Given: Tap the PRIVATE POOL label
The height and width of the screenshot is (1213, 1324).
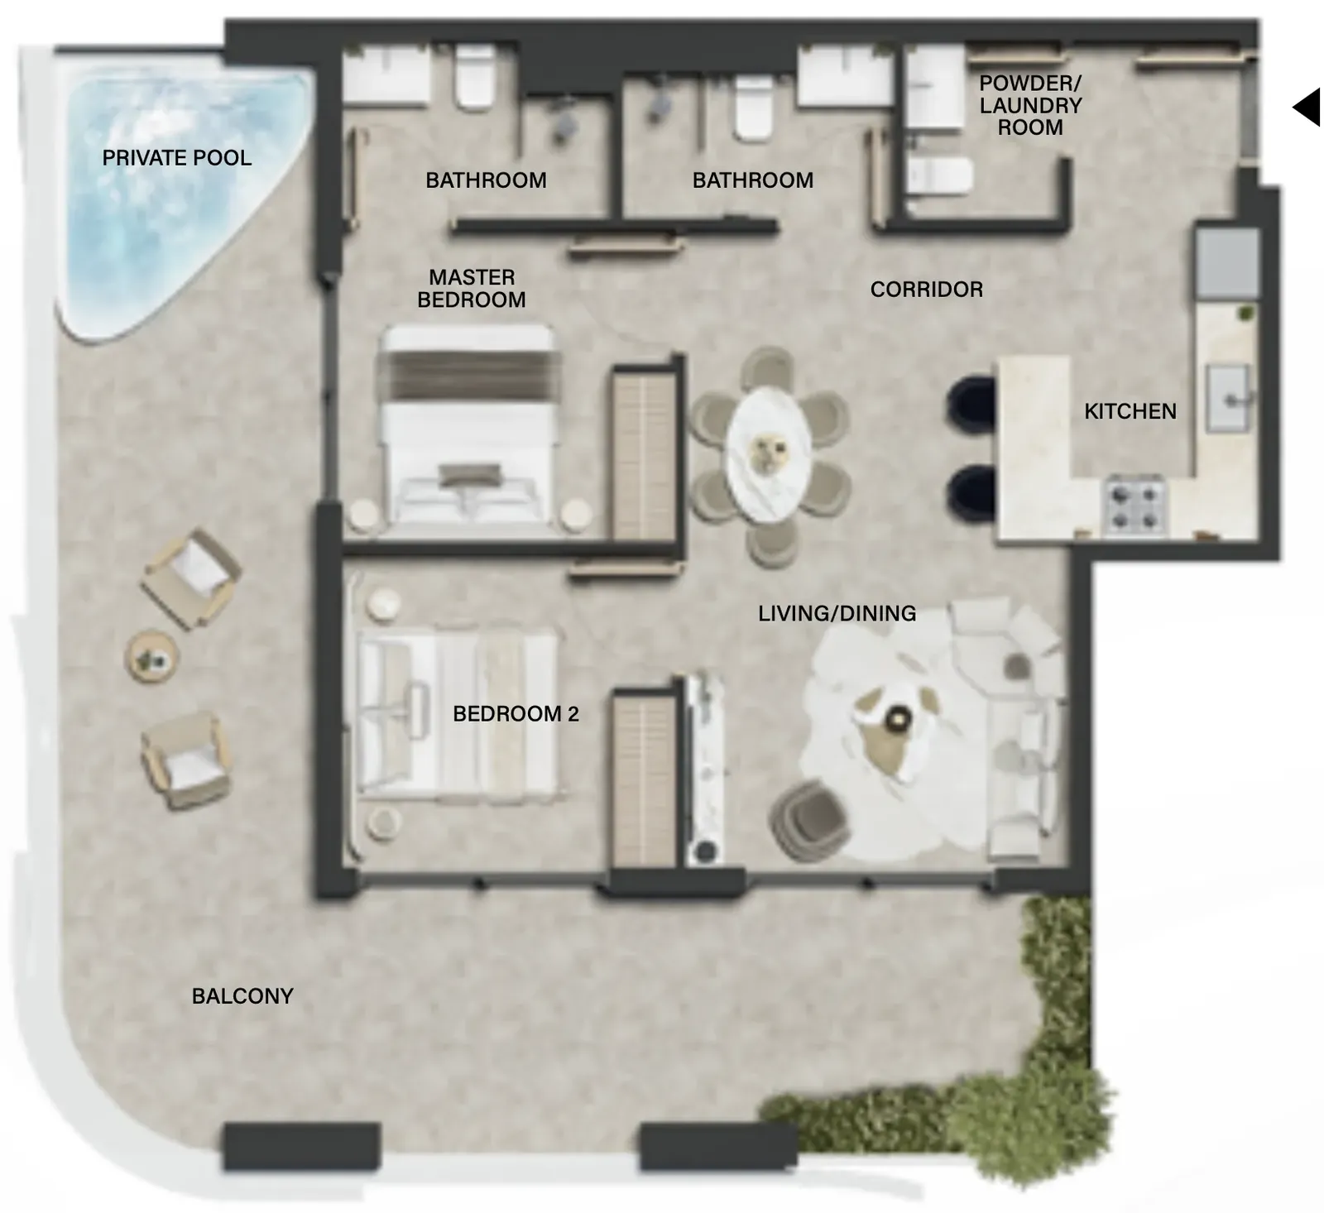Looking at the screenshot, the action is tap(177, 158).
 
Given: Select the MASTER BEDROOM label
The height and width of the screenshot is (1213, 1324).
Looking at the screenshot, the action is tap(472, 288).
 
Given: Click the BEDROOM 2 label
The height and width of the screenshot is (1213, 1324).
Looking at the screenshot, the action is tap(516, 714).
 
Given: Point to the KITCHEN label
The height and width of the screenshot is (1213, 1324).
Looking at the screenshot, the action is tap(1130, 411).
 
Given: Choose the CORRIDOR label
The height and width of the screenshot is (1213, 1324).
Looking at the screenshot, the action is tap(927, 290).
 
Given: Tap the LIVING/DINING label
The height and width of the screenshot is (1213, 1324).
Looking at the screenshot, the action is tap(837, 613).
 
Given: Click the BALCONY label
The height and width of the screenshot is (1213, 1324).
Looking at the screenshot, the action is tap(242, 996).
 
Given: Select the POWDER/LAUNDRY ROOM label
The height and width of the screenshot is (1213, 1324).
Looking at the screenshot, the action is tap(1030, 105).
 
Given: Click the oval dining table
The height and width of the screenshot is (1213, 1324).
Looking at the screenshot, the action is tap(769, 454).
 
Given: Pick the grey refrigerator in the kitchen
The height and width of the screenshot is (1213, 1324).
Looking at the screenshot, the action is tap(1227, 263).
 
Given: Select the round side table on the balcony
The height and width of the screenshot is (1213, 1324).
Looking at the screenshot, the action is tap(152, 657).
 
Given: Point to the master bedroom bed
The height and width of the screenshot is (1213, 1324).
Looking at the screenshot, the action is tap(468, 425).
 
